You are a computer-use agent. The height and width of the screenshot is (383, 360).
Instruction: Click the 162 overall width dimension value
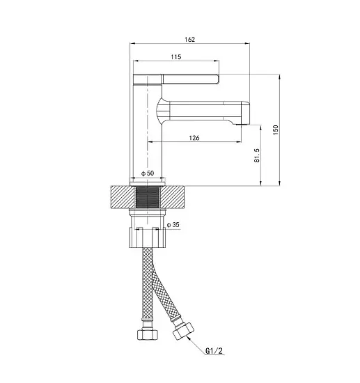pos(190,39)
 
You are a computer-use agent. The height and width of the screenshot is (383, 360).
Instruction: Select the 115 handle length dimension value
pos(176,57)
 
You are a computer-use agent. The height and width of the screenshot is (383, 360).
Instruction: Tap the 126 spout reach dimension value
pos(194,138)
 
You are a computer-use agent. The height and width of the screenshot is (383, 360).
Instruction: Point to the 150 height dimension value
pos(276,130)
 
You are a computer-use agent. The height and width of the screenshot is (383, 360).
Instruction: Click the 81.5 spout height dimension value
pos(257,155)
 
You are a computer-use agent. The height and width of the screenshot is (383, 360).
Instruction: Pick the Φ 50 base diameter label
pos(148,173)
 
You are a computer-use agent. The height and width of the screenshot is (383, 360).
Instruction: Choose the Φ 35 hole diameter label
pos(173,224)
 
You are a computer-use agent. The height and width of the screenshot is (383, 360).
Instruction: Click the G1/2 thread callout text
pos(214,351)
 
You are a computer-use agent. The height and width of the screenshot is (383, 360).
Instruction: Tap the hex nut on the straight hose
pos(148,334)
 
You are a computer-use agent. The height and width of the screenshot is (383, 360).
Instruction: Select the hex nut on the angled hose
pos(183,331)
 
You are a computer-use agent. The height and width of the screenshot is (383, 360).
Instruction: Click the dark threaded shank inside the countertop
pos(148,197)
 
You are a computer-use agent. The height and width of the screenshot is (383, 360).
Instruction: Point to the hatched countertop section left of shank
pos(123,197)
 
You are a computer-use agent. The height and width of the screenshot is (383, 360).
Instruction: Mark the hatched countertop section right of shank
pos(172,197)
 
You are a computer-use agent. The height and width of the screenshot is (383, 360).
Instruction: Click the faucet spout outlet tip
pos(242,124)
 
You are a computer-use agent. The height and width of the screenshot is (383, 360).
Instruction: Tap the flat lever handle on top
pos(176,79)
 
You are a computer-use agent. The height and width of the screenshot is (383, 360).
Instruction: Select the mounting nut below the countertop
pos(148,237)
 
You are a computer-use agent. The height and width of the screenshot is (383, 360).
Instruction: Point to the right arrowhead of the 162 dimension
pos(247,43)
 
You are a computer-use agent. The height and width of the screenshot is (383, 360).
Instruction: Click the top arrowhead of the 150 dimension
pos(280,77)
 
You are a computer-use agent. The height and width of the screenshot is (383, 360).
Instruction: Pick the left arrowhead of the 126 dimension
pos(150,141)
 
